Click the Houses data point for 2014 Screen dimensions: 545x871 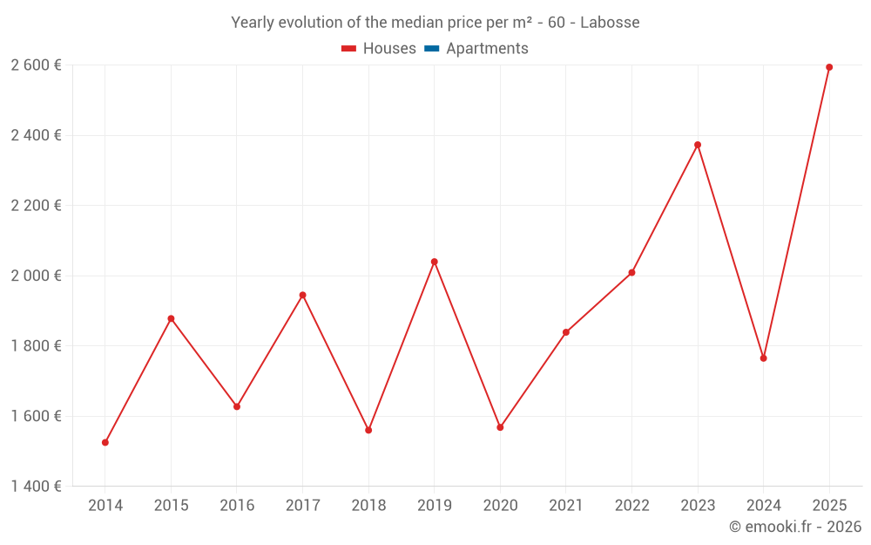coord(105,442)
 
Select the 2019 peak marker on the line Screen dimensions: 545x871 coord(435,262)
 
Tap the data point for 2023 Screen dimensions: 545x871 coord(698,145)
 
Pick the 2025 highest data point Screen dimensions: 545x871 coord(829,67)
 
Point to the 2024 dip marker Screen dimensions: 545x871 coord(764,358)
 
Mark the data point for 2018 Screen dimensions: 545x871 coord(368,430)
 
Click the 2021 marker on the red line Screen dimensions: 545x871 coord(566,332)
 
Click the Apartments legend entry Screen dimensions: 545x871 coord(487,49)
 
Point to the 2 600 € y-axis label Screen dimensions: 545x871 coord(36,65)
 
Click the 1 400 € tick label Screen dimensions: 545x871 coord(36,486)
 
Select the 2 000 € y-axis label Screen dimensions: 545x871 coord(36,276)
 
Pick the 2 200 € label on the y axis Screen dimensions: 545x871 coord(36,206)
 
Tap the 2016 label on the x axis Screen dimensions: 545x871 coord(237,506)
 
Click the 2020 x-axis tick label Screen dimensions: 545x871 coord(500,506)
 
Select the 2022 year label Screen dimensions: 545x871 coord(631,506)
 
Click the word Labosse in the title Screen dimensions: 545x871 coord(610,23)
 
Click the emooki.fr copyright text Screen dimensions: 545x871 coord(794,527)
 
